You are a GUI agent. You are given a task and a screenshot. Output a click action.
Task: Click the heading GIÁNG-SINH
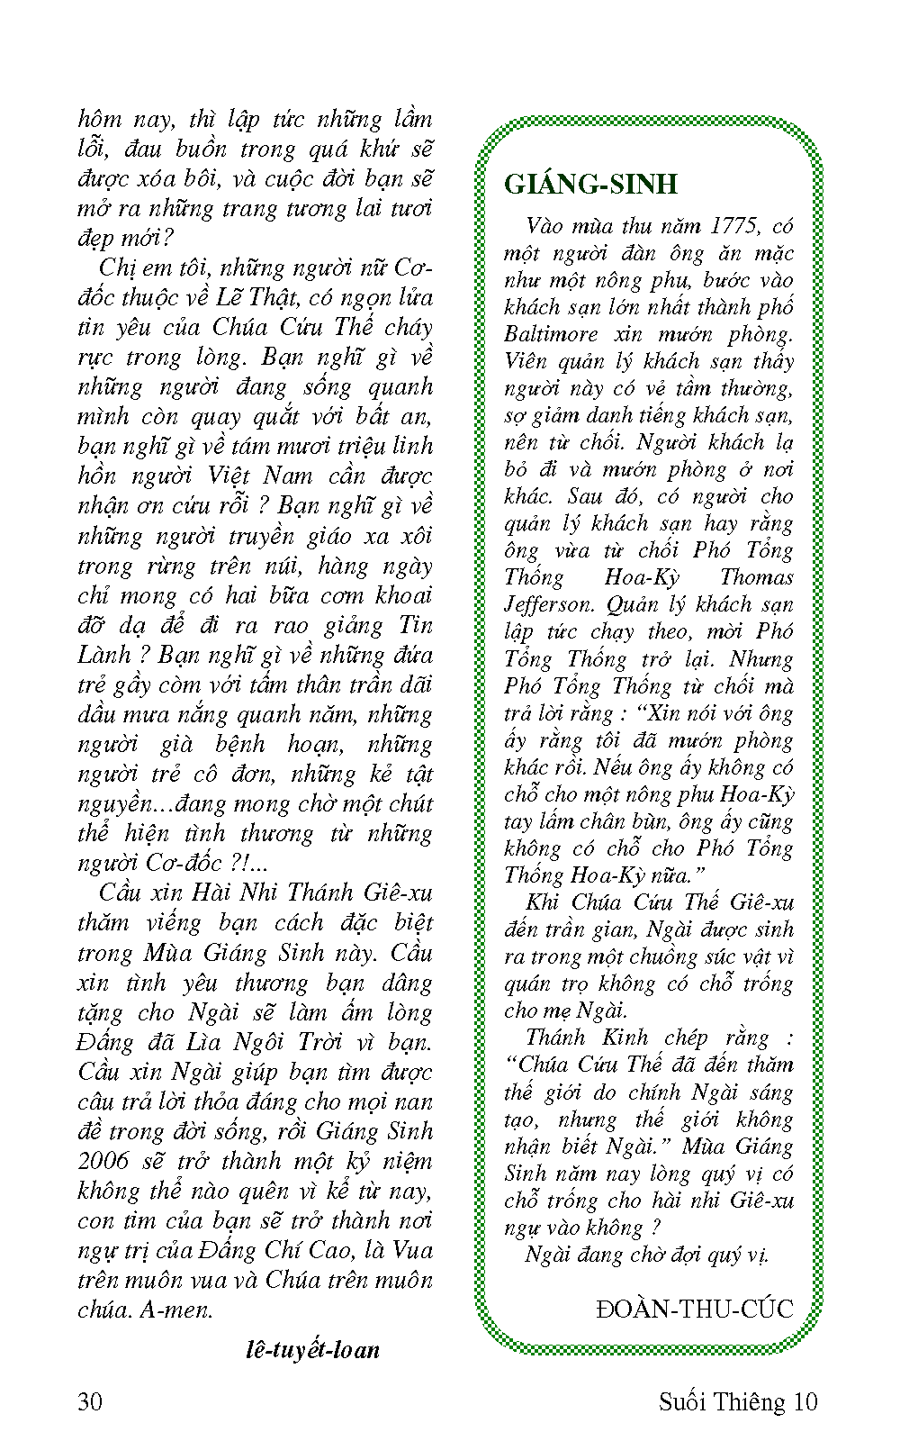pos(590,184)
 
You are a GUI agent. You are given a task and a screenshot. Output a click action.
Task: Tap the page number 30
pos(91,1401)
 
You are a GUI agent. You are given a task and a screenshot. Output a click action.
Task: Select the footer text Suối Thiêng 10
pos(738,1401)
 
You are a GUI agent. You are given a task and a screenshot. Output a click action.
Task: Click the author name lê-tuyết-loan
pos(312,1349)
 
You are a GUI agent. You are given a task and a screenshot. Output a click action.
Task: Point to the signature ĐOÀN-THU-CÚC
pos(695,1308)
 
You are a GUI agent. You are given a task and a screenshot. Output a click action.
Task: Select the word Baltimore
pos(551,334)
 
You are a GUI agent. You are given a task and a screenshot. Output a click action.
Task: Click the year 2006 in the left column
pos(103,1161)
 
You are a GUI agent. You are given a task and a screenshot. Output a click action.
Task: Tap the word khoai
pos(403,595)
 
